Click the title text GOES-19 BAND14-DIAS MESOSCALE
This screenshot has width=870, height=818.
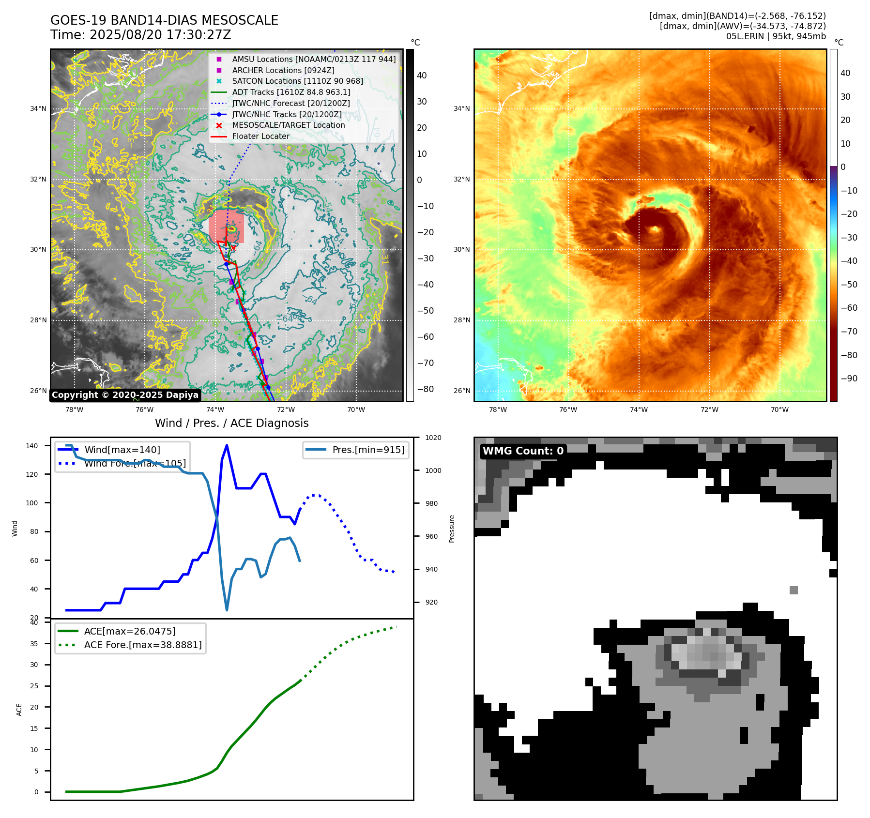[x=164, y=20]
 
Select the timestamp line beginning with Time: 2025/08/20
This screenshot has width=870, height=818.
[x=140, y=35]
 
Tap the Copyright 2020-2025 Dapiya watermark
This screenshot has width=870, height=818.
[x=125, y=395]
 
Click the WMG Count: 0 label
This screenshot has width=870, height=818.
[x=523, y=451]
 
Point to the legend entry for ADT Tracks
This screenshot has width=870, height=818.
[x=290, y=92]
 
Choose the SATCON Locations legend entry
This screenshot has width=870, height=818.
[x=297, y=81]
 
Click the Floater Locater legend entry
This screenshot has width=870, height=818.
[x=260, y=136]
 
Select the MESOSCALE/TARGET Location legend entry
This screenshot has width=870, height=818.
[x=288, y=125]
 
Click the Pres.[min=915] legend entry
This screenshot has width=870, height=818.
[x=368, y=450]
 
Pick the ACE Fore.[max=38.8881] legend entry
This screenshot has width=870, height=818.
[x=142, y=645]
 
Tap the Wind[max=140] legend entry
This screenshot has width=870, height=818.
[x=122, y=450]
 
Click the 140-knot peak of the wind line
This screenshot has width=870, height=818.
[x=227, y=445]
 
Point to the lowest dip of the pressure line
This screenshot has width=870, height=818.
[x=227, y=610]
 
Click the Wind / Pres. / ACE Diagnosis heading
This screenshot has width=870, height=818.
[x=231, y=423]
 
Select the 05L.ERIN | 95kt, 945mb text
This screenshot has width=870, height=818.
[x=776, y=36]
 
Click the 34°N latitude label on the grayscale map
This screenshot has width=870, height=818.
[x=38, y=108]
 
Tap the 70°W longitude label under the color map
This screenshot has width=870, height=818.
[x=779, y=409]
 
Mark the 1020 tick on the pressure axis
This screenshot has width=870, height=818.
[x=433, y=438]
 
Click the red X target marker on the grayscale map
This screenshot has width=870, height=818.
[x=233, y=248]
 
